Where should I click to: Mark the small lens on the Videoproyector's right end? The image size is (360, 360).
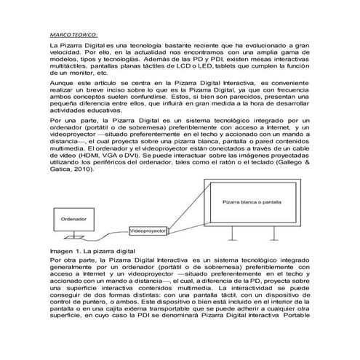tap(169, 230)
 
